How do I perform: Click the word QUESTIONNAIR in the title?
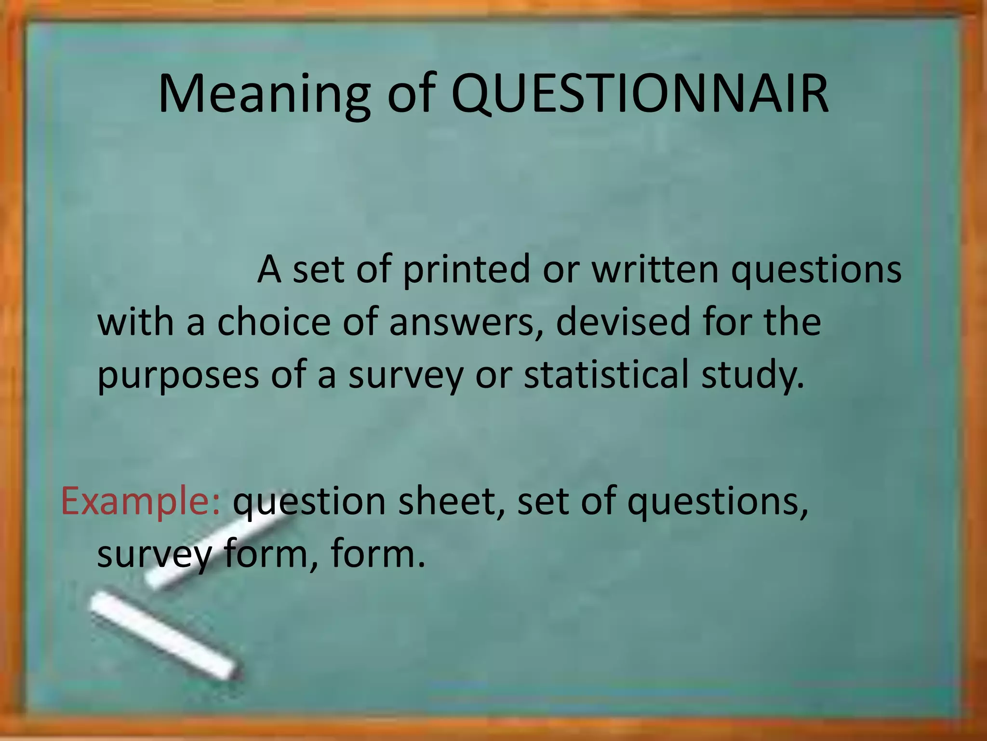coord(640,94)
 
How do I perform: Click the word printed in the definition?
coord(466,270)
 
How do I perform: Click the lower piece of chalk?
coord(164,636)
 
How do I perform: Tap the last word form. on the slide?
coord(378,554)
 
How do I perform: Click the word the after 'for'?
coord(792,322)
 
